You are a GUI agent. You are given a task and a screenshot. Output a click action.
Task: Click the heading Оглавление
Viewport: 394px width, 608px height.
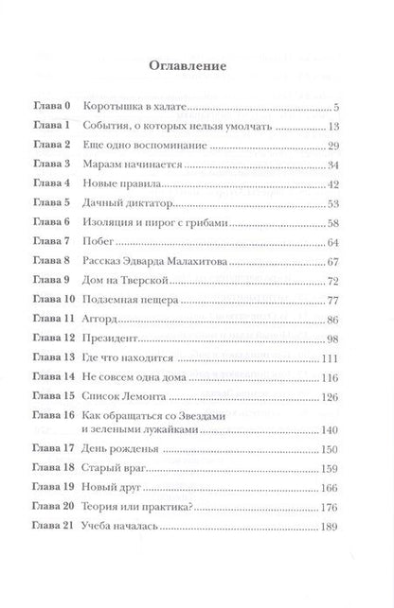point(196,68)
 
